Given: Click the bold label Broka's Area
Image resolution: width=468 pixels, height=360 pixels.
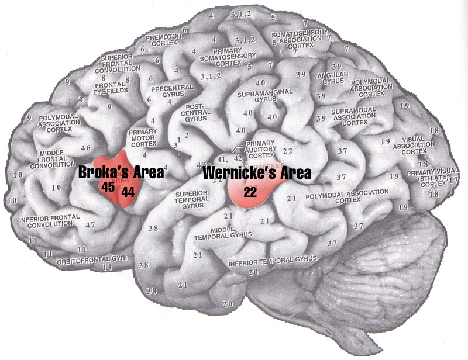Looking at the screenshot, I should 121,174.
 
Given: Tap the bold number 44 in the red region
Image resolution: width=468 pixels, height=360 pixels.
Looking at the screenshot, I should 128,191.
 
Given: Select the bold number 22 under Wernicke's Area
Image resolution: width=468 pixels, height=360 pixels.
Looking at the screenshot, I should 250,191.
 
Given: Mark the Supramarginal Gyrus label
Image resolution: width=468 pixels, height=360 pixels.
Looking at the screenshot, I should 257,97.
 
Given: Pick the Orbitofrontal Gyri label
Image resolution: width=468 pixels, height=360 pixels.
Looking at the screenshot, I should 86,261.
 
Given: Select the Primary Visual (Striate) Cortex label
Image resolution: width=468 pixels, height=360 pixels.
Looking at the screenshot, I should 433,180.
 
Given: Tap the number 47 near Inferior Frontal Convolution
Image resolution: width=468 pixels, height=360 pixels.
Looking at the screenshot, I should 90,224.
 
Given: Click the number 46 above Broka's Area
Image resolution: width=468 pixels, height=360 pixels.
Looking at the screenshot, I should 86,148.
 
